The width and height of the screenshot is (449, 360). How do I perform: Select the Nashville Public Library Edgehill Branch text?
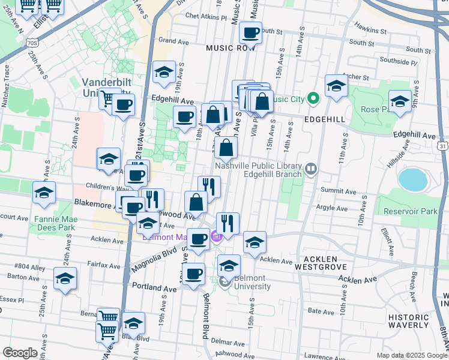point(267,170)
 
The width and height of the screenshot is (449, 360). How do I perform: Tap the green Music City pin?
point(312,98)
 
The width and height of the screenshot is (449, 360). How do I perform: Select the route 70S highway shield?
point(32,43)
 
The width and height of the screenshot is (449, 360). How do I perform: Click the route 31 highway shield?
point(442,146)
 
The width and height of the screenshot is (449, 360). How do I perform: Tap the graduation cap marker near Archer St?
point(337,86)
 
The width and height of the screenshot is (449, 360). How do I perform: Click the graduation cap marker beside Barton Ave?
point(65,278)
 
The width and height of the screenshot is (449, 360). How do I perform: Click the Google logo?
point(20,353)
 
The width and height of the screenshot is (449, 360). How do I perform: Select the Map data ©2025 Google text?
point(411,355)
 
